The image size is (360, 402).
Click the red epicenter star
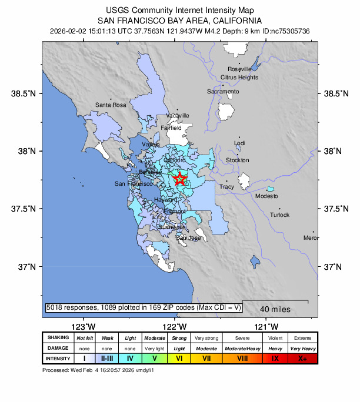tap(181, 179)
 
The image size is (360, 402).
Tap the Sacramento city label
tap(223, 92)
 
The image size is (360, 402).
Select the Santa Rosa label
tap(111, 105)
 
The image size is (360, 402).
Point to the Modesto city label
tap(266, 196)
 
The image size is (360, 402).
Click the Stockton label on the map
tap(238, 160)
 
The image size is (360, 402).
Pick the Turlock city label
tap(279, 215)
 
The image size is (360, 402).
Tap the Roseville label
tap(239, 69)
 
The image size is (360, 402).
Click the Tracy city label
tap(226, 187)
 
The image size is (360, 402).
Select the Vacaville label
tap(178, 115)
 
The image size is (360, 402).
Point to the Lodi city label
tap(239, 143)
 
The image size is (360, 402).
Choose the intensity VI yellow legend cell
tap(178, 358)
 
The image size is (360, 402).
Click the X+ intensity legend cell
tap(303, 358)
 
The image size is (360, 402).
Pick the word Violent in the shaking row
tap(275, 338)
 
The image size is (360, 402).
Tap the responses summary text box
tap(142, 307)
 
